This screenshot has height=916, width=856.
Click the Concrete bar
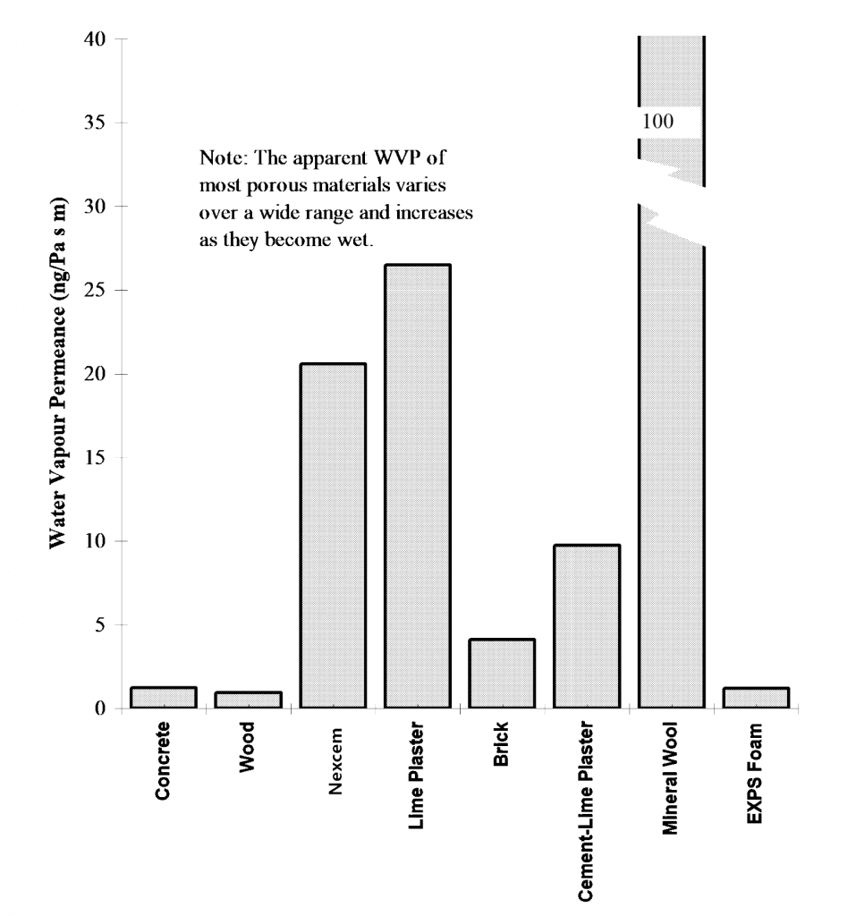[x=163, y=698]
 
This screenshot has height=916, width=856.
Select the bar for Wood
[x=248, y=700]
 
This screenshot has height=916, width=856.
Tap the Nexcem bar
[x=333, y=536]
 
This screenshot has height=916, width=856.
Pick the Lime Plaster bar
[x=418, y=487]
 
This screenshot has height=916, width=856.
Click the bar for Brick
[x=502, y=674]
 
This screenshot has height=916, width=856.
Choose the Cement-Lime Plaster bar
[x=587, y=626]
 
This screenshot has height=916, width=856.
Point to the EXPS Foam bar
[x=756, y=698]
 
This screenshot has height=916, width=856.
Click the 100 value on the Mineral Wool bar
[x=657, y=120]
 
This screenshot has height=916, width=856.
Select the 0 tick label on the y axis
[x=100, y=708]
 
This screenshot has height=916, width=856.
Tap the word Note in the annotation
[x=218, y=157]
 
